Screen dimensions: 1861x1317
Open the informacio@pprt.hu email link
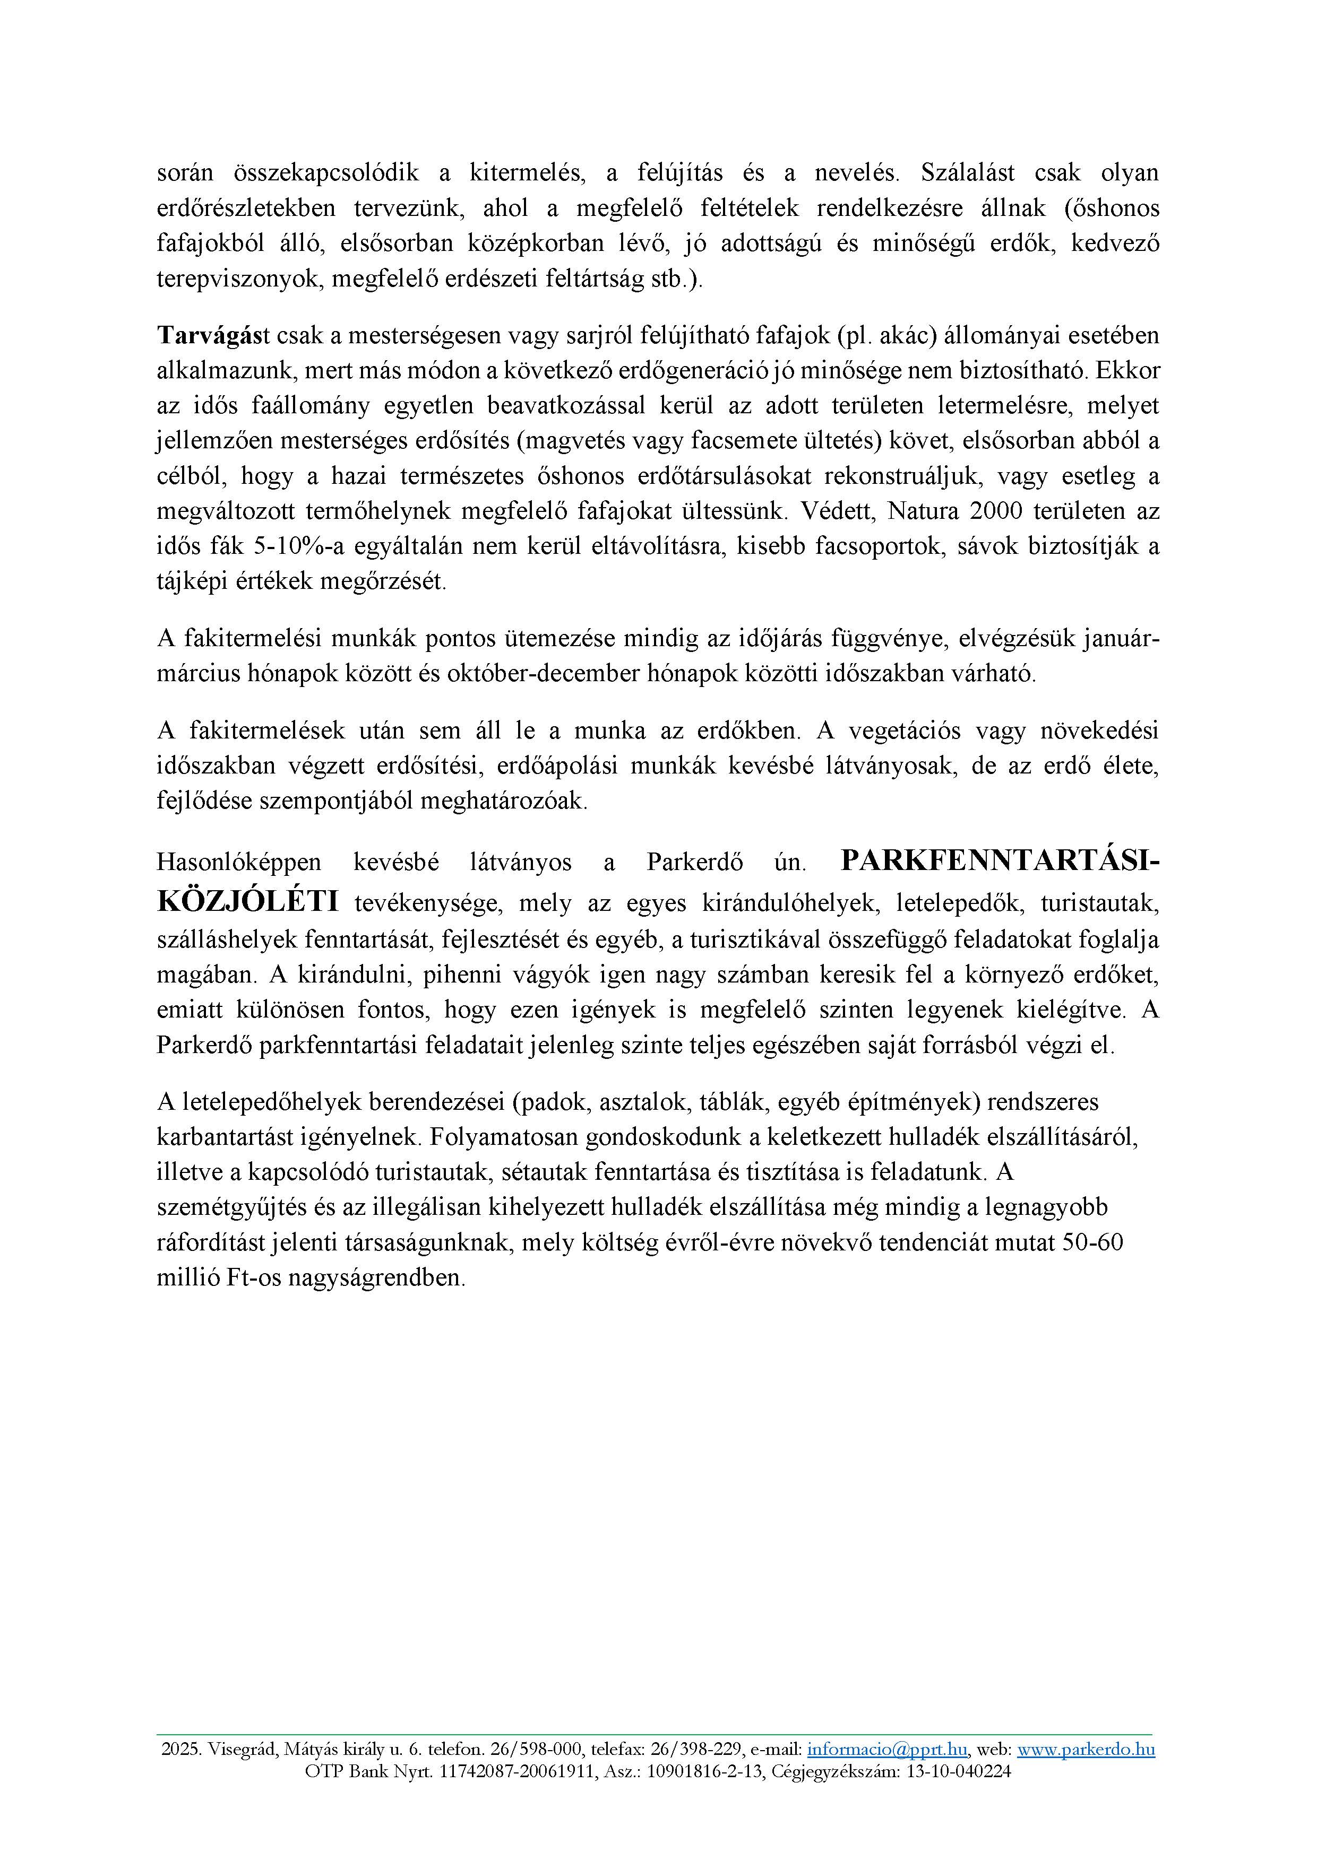pyautogui.click(x=886, y=1749)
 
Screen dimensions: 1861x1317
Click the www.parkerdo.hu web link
pyautogui.click(x=1086, y=1749)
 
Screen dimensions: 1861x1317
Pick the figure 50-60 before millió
pyautogui.click(x=1092, y=1242)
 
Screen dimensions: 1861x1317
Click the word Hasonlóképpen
pyautogui.click(x=238, y=863)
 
